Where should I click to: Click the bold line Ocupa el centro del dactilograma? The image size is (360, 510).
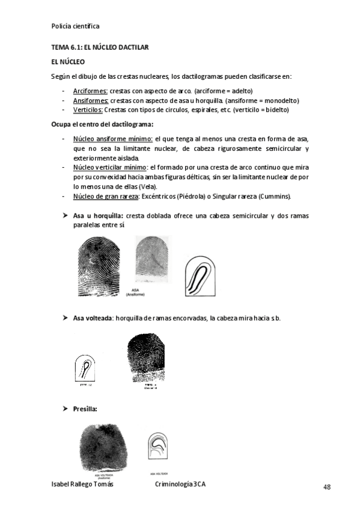pyautogui.click(x=102, y=124)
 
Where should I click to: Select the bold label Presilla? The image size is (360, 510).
pyautogui.click(x=85, y=409)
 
